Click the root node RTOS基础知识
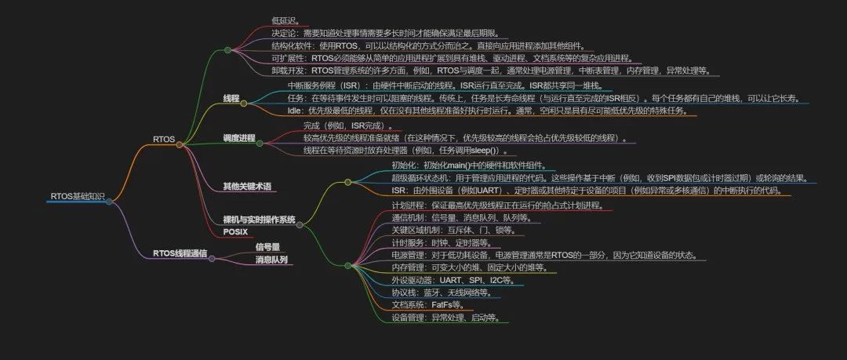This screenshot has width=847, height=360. click(x=76, y=196)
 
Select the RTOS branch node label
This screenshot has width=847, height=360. click(x=164, y=139)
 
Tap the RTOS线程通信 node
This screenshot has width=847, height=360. click(x=180, y=253)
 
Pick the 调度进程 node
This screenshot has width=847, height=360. click(x=239, y=138)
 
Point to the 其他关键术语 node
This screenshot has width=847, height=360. click(x=246, y=186)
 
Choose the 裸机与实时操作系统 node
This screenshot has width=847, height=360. click(x=259, y=220)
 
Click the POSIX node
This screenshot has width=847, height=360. click(x=234, y=231)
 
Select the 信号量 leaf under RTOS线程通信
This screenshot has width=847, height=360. click(x=267, y=246)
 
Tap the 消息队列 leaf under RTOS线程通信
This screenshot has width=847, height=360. click(x=271, y=259)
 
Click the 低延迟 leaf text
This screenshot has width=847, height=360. click(x=285, y=20)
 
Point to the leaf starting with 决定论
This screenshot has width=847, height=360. click(x=389, y=33)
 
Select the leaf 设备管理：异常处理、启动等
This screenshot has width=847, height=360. click(x=445, y=318)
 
